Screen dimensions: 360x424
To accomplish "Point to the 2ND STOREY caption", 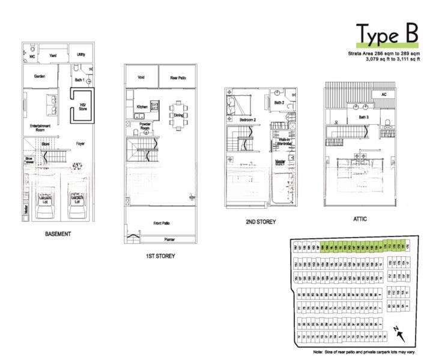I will [261, 222].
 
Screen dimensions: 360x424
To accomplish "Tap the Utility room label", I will [81, 54].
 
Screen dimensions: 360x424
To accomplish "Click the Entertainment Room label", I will [40, 128].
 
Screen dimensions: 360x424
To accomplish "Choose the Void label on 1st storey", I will [141, 77].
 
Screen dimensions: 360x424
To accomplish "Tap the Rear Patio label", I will [177, 77].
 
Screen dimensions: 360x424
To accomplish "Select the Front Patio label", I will [162, 223].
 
